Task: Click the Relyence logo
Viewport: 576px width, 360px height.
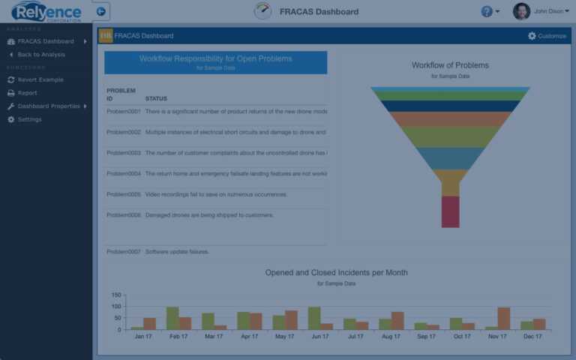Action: (x=47, y=11)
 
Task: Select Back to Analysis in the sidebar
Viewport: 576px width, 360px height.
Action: (x=41, y=55)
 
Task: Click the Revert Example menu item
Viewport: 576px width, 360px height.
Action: (x=40, y=79)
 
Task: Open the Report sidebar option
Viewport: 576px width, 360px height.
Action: (x=27, y=93)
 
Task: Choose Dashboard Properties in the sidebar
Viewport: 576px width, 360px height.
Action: (x=49, y=106)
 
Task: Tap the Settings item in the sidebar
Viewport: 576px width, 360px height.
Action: (x=29, y=119)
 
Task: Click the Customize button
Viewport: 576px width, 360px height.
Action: (x=547, y=36)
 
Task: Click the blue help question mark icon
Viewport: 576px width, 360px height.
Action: (x=487, y=11)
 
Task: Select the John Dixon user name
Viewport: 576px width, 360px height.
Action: (x=549, y=11)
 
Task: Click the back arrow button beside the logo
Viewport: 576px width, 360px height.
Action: (x=101, y=11)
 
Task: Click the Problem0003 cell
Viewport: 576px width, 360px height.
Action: (x=124, y=153)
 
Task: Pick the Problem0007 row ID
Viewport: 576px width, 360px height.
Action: (x=124, y=252)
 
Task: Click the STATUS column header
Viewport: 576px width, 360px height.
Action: (x=156, y=99)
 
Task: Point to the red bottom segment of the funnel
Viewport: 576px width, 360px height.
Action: (x=450, y=211)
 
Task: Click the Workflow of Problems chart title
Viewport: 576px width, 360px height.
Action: (x=450, y=65)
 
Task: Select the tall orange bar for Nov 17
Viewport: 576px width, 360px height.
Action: (x=503, y=318)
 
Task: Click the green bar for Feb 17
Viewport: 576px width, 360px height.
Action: (x=172, y=318)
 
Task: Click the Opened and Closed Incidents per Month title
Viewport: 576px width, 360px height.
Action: (x=336, y=273)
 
